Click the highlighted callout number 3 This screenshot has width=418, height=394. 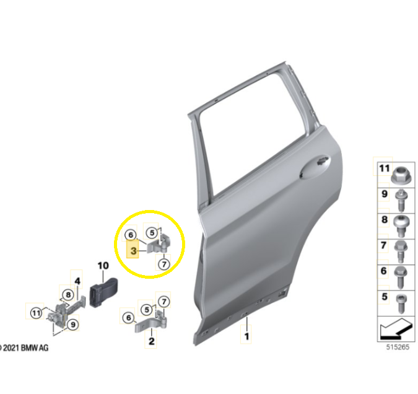[133, 251]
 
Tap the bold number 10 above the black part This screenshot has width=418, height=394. [103, 265]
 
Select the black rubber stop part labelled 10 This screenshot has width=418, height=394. [103, 292]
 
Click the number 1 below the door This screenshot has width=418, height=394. [247, 336]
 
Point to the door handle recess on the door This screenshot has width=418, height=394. [315, 167]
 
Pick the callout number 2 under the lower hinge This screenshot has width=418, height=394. [152, 341]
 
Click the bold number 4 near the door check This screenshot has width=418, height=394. [77, 281]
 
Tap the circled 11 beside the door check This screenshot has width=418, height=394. [37, 313]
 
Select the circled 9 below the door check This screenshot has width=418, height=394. [73, 325]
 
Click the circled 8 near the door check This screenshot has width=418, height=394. [68, 295]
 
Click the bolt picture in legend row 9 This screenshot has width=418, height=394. [401, 200]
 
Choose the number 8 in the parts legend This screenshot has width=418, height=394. [385, 219]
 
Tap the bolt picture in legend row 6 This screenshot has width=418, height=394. [401, 278]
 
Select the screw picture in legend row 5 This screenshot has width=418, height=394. [401, 304]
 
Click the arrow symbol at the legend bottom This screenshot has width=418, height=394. [396, 329]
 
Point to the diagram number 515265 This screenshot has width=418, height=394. [398, 347]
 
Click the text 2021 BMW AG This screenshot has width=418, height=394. [26, 348]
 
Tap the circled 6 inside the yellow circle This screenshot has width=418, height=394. [131, 235]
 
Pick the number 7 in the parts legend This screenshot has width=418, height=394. [384, 245]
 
